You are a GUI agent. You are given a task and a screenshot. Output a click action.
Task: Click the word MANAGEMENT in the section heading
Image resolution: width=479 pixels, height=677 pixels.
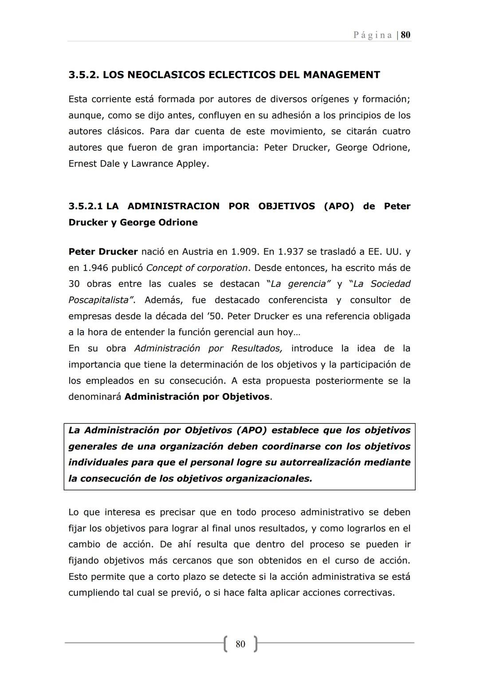pyautogui.click(x=341, y=75)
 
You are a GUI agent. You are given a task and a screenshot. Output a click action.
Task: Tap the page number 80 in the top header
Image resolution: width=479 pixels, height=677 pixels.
pyautogui.click(x=405, y=35)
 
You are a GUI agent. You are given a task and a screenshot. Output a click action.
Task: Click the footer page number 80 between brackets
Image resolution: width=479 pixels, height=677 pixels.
pyautogui.click(x=240, y=644)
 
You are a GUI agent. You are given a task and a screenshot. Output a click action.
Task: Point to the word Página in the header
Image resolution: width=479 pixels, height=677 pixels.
pyautogui.click(x=373, y=35)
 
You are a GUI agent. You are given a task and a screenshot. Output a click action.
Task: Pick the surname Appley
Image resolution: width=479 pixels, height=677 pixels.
pyautogui.click(x=192, y=164)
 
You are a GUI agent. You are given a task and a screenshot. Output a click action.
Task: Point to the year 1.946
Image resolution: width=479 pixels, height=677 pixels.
pyautogui.click(x=96, y=268)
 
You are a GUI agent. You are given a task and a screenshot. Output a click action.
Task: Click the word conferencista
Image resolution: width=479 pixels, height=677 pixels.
pyautogui.click(x=298, y=300)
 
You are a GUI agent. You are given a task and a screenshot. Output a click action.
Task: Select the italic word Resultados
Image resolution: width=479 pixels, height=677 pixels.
pyautogui.click(x=257, y=348)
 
